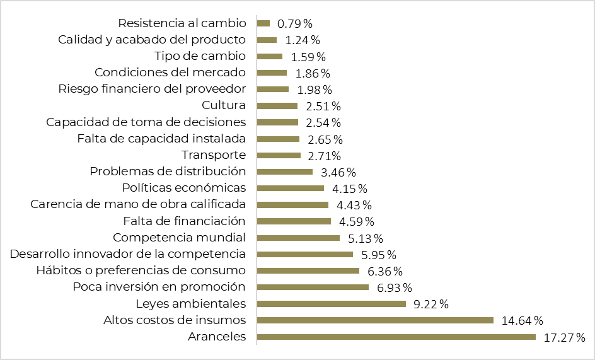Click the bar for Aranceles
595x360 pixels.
(396, 337)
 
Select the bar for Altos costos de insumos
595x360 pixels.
(375, 320)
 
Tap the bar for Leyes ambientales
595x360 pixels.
(331, 304)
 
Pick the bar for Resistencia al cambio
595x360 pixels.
(263, 23)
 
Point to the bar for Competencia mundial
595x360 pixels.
(298, 238)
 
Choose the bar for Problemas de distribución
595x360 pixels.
(285, 171)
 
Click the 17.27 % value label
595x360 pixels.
(564, 337)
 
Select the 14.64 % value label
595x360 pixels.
(522, 320)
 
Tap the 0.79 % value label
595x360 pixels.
(295, 24)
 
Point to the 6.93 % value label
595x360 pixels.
(394, 287)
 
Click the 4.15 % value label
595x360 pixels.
(349, 189)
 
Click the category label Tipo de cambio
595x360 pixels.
(200, 56)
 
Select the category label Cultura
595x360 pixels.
(224, 105)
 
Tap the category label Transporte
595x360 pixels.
(214, 155)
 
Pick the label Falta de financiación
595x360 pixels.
(184, 221)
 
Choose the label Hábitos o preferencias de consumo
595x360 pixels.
(141, 270)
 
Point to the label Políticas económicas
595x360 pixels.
(183, 188)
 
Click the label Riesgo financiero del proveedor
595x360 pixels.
(152, 89)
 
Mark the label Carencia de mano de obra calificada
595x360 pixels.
(138, 204)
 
